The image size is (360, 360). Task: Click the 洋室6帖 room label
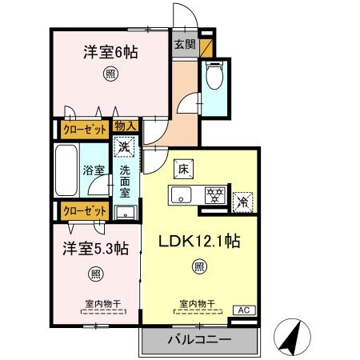[110, 54]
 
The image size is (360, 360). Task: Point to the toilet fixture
[214, 78]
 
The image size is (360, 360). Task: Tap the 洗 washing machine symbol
[124, 147]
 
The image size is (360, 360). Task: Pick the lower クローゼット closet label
[84, 211]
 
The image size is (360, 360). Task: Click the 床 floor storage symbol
[182, 170]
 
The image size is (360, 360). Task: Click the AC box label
[242, 310]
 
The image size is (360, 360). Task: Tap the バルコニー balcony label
[199, 339]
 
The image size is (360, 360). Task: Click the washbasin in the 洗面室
[125, 211]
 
